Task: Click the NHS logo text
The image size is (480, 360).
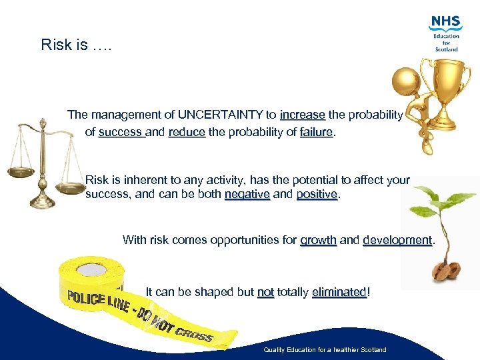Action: coord(446,22)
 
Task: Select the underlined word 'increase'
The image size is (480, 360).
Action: coord(303,115)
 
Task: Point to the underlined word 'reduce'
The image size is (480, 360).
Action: coord(187,132)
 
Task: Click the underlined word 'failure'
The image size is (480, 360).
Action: coord(316,132)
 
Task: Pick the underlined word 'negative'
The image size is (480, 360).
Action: coord(247,195)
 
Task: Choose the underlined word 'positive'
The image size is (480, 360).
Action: coord(317,195)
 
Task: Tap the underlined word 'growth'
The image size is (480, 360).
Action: coord(318,240)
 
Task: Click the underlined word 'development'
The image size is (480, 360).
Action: coord(397,240)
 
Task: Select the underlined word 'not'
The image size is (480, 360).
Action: coord(265,292)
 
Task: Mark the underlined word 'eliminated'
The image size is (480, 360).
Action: coord(339,292)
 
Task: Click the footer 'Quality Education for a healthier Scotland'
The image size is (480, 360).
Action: coord(325,350)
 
